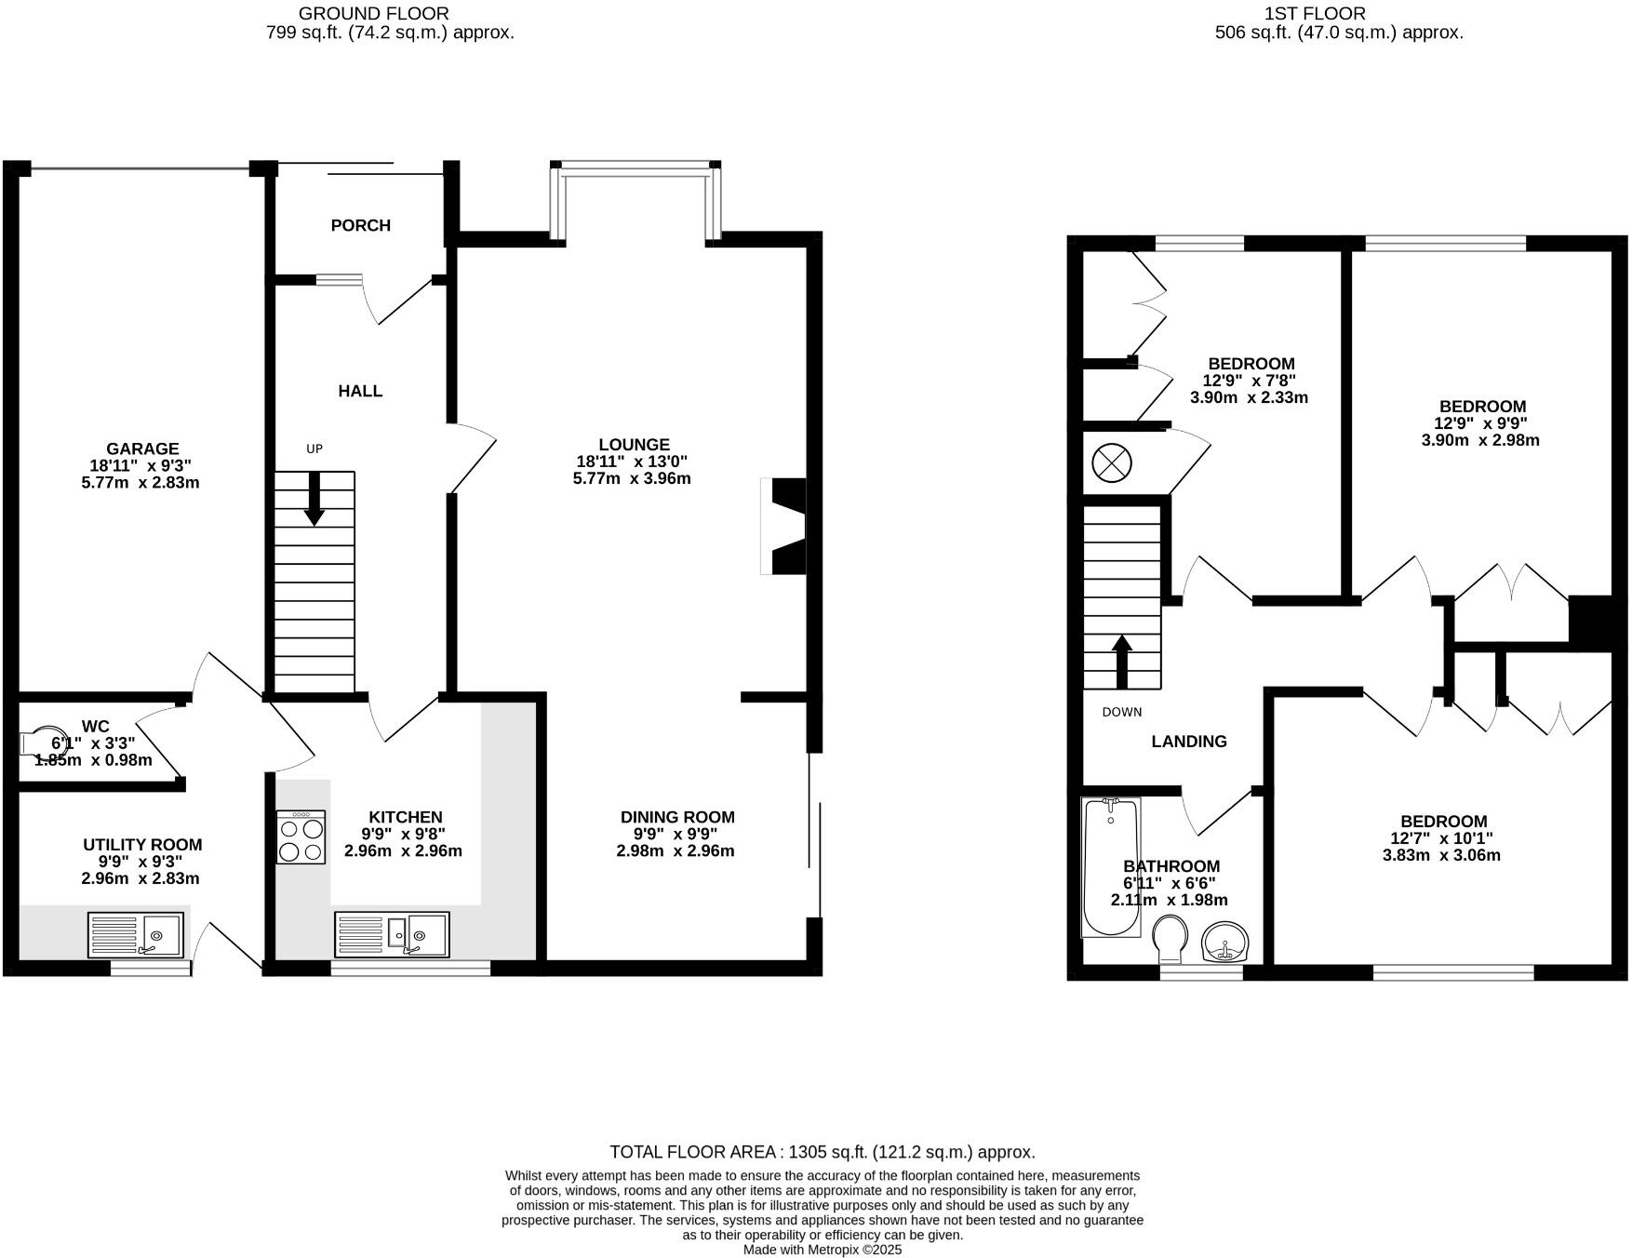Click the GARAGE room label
pyautogui.click(x=141, y=448)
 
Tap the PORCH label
pyautogui.click(x=360, y=225)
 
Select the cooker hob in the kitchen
pyautogui.click(x=301, y=836)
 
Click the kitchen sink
pyautogui.click(x=392, y=933)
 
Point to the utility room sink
pyautogui.click(x=136, y=934)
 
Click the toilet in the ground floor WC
pyautogui.click(x=40, y=742)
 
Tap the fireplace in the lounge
pyautogui.click(x=783, y=527)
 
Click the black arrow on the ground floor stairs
pyautogui.click(x=314, y=499)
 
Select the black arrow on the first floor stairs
pyautogui.click(x=1122, y=661)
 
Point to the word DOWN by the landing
pyautogui.click(x=1121, y=712)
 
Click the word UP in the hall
pyautogui.click(x=314, y=448)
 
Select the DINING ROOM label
pyautogui.click(x=677, y=817)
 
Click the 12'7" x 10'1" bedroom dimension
pyautogui.click(x=1443, y=838)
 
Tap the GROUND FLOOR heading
pyautogui.click(x=373, y=13)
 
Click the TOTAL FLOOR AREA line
pyautogui.click(x=822, y=1152)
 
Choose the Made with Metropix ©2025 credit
pyautogui.click(x=822, y=1250)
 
